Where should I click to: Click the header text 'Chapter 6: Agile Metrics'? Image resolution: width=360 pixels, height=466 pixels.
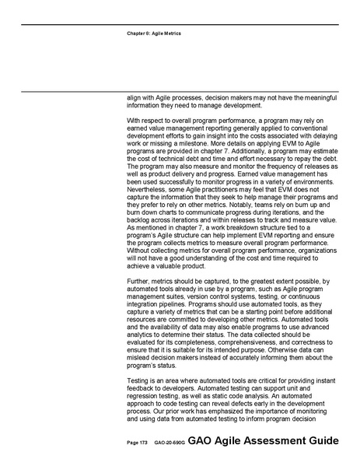pyautogui.click(x=154, y=34)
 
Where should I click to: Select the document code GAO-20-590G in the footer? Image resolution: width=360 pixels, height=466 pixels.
pyautogui.click(x=169, y=441)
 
